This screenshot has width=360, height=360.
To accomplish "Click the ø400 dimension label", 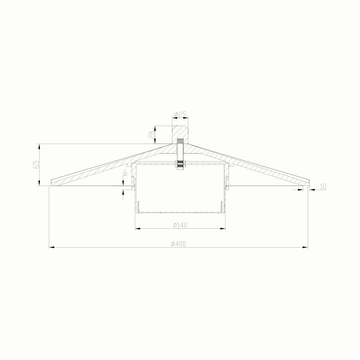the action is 178,244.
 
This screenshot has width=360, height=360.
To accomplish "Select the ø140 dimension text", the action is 180,226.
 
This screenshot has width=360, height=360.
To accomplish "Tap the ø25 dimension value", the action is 180,114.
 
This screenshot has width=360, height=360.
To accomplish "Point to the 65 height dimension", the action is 37,165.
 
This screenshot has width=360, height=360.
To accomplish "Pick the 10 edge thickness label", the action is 323,187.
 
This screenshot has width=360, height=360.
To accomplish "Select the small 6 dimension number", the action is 125,172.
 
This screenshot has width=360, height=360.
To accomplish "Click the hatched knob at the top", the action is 180,134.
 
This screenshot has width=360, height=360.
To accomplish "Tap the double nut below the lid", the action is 180,164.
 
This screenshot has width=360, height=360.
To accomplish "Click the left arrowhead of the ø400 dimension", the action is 52,247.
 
